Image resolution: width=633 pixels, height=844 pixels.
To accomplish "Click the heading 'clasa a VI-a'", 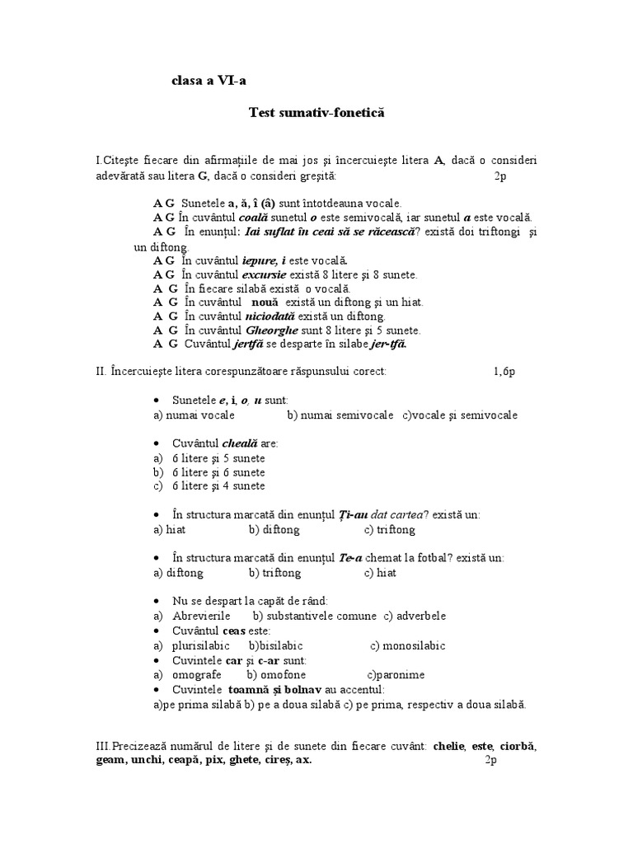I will [209, 80].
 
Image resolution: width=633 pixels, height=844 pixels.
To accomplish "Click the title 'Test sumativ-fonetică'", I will [316, 111].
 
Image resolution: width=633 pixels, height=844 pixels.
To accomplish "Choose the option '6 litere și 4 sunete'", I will [208, 486].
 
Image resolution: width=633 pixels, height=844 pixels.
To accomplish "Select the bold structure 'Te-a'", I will [351, 558].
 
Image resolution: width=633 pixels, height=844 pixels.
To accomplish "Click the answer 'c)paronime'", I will [396, 674].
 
